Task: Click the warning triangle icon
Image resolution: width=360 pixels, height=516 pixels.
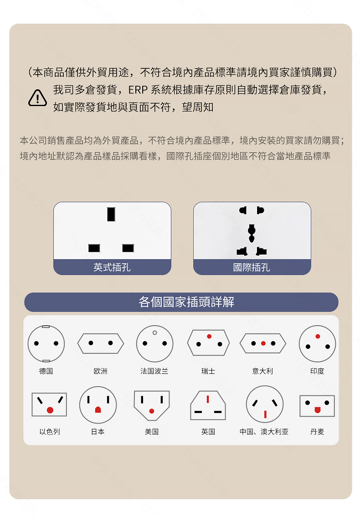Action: tap(37, 98)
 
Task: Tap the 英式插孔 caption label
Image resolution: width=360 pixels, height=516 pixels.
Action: tap(112, 267)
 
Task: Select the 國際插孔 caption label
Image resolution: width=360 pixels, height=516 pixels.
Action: tap(252, 267)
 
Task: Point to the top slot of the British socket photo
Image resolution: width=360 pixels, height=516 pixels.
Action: tap(111, 214)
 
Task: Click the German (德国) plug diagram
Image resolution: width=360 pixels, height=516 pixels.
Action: tap(46, 343)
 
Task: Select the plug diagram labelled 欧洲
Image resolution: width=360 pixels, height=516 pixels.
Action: tap(101, 343)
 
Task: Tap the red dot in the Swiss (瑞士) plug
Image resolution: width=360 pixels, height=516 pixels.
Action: tap(209, 337)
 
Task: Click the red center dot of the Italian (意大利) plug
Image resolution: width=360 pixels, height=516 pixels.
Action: tap(263, 343)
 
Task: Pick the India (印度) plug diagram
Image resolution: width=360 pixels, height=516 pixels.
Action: tap(317, 343)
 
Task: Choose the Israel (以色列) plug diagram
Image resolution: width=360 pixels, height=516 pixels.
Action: tap(49, 404)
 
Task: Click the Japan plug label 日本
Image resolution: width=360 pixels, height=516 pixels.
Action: tap(98, 431)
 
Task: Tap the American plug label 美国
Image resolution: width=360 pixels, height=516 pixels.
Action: tap(152, 431)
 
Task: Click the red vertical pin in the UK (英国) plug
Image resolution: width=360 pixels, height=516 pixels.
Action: tap(208, 399)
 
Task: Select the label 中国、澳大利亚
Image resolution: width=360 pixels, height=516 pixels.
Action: tap(264, 431)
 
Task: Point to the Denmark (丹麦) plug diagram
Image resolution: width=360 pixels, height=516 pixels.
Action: tap(317, 405)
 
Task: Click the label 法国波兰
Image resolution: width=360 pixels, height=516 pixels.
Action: tap(154, 371)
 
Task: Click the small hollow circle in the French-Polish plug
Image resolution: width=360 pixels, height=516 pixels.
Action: tap(154, 333)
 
